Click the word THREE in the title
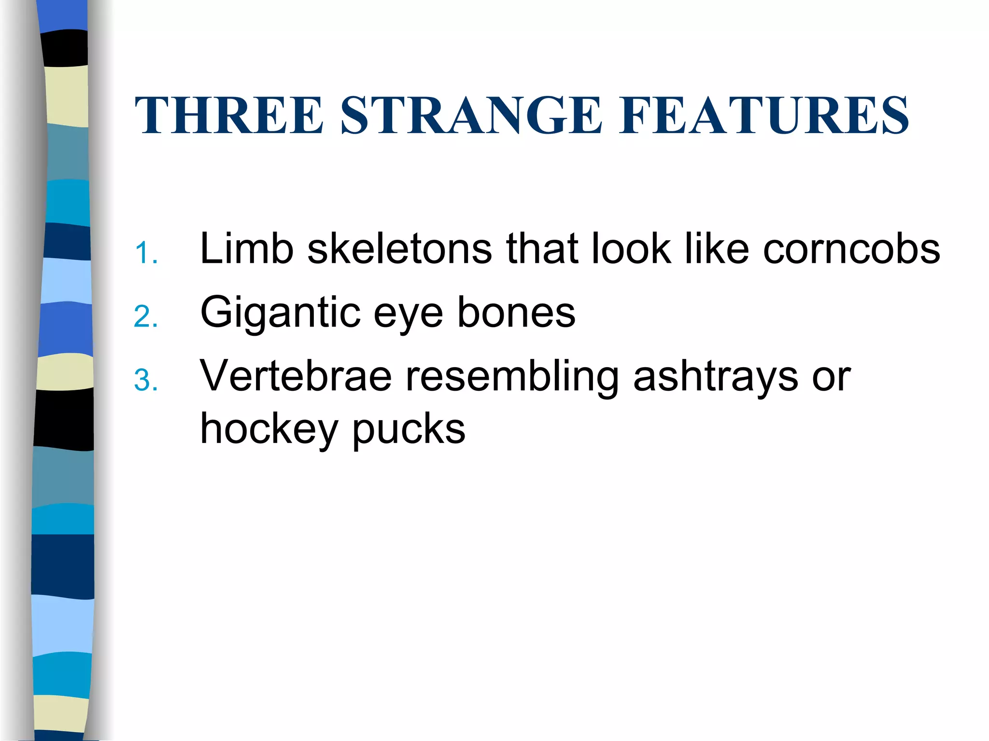pyautogui.click(x=229, y=115)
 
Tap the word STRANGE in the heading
pyautogui.click(x=471, y=115)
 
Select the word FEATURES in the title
pyautogui.click(x=764, y=115)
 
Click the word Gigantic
pyautogui.click(x=281, y=314)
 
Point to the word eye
pyautogui.click(x=409, y=316)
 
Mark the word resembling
pyautogui.click(x=512, y=378)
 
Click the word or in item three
pyautogui.click(x=831, y=378)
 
